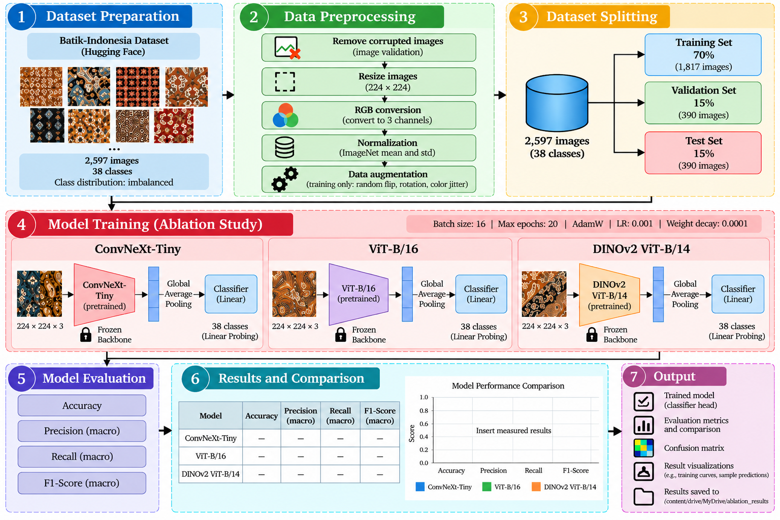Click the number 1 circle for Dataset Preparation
pos(21,16)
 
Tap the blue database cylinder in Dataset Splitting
pos(557,103)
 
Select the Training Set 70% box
pos(703,55)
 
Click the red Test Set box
pos(703,153)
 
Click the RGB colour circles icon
pos(285,115)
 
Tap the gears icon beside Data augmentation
pos(285,179)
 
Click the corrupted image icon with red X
pos(287,48)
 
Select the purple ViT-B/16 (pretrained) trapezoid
pos(359,295)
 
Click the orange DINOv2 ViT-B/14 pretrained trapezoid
pos(609,295)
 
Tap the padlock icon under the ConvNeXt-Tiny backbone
pos(86,334)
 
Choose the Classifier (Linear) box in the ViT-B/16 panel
pos(481,294)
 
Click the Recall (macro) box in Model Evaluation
pos(82,456)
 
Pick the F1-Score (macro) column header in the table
pos(379,415)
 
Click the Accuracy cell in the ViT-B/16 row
pos(262,456)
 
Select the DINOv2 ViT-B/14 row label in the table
pos(211,474)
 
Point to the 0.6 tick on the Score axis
pos(424,424)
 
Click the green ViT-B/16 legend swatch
pos(486,486)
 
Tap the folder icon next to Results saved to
pos(643,496)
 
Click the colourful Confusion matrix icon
pos(643,448)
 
